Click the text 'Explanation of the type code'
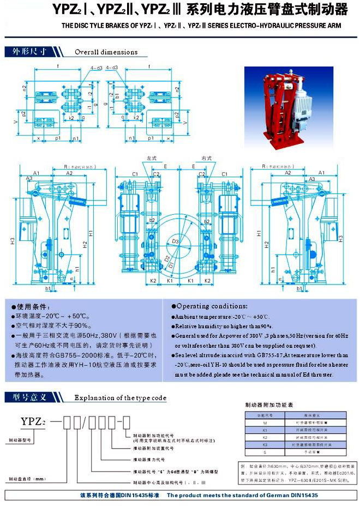click(120, 397)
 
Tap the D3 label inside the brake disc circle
click(176, 240)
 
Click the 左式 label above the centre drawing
click(152, 158)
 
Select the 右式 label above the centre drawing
click(206, 158)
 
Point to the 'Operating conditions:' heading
click(212, 306)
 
